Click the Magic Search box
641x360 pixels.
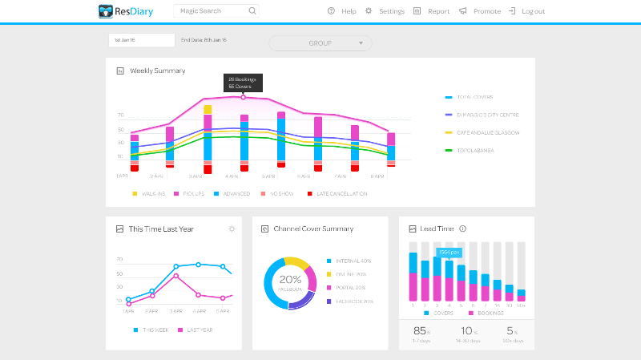coord(216,11)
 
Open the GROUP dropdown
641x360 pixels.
coord(320,42)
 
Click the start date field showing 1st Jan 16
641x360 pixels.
coord(141,39)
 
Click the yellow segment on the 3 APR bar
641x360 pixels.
coord(208,109)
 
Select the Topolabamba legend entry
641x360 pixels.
coord(478,150)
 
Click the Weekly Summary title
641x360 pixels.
coord(157,71)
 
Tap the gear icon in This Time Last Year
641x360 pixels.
coord(232,229)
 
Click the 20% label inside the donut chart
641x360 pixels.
coord(290,280)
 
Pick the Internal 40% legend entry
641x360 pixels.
coord(353,261)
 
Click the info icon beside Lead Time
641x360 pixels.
coord(463,229)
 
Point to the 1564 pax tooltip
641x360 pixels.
coord(449,252)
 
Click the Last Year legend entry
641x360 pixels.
coord(197,330)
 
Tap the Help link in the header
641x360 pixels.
coord(342,11)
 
